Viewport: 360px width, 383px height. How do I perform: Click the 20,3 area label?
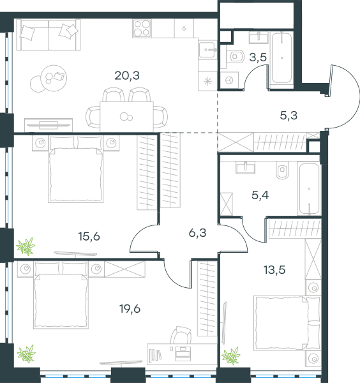pyautogui.click(x=127, y=75)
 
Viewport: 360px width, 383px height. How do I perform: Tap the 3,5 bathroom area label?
pyautogui.click(x=258, y=57)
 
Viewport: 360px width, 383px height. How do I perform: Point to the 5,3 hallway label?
pyautogui.click(x=289, y=116)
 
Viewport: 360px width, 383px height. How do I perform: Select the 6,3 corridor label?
pyautogui.click(x=198, y=233)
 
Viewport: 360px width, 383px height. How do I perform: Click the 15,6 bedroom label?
pyautogui.click(x=89, y=236)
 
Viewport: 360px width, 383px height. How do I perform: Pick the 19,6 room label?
pyautogui.click(x=130, y=309)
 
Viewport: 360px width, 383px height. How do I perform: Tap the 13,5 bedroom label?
pyautogui.click(x=274, y=270)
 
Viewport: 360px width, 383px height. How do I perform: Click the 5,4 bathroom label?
pyautogui.click(x=260, y=195)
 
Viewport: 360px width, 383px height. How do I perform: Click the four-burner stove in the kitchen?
pyautogui.click(x=142, y=28)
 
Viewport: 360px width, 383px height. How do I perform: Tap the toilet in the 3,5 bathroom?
pyautogui.click(x=235, y=56)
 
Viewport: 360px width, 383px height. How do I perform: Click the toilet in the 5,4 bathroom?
pyautogui.click(x=282, y=170)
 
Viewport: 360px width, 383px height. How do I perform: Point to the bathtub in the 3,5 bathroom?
pyautogui.click(x=281, y=58)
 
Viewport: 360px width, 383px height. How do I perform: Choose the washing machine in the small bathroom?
pyautogui.click(x=230, y=80)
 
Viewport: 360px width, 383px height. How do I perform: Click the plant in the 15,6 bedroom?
pyautogui.click(x=26, y=246)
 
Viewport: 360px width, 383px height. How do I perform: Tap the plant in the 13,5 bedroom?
pyautogui.click(x=231, y=356)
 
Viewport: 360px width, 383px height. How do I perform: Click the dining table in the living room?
pyautogui.click(x=126, y=117)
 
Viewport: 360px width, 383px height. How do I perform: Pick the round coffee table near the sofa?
pyautogui.click(x=54, y=78)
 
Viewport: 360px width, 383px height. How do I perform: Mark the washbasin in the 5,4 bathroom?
pyautogui.click(x=245, y=167)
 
